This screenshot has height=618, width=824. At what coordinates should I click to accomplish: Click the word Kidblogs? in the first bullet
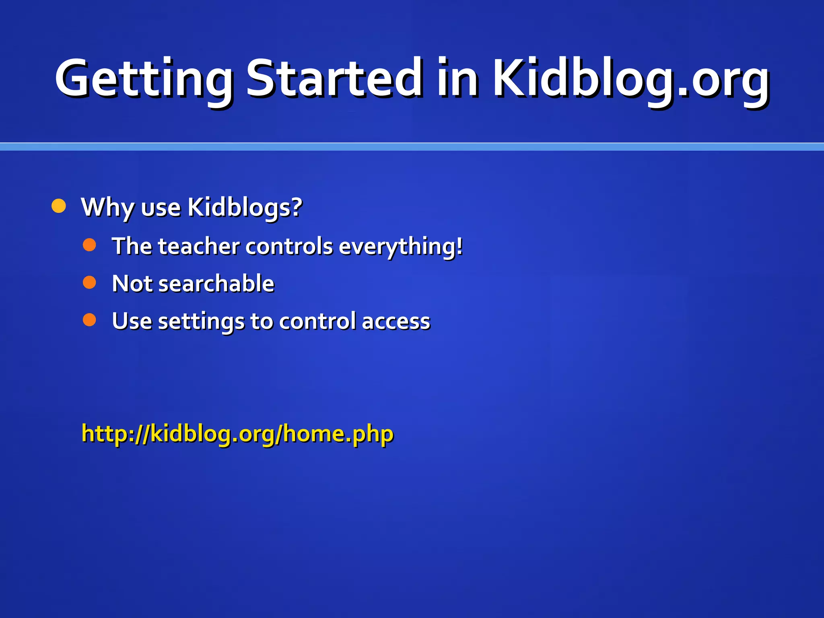[245, 208]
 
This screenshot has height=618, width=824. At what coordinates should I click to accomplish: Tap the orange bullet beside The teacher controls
[89, 245]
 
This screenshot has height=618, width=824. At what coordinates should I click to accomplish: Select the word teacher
[199, 246]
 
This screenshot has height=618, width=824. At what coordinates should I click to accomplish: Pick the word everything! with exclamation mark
[401, 247]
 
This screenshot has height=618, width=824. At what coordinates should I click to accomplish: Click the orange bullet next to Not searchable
[89, 282]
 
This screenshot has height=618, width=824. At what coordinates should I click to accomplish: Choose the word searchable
[216, 283]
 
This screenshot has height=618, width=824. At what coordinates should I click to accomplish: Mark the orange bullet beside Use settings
[89, 320]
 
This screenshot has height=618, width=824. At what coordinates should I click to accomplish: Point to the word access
[396, 321]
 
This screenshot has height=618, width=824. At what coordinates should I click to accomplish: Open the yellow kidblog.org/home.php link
[237, 434]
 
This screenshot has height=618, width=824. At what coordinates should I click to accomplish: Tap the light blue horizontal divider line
[412, 147]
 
